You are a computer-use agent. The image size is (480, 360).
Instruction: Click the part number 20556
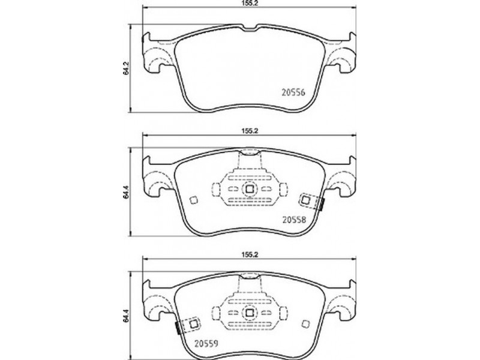(293, 92)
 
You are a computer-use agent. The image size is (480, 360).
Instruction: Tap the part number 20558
(294, 219)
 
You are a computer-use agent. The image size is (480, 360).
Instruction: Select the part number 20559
(206, 343)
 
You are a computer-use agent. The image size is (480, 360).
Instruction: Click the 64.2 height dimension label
(125, 68)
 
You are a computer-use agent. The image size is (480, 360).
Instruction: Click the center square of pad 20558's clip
(249, 189)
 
